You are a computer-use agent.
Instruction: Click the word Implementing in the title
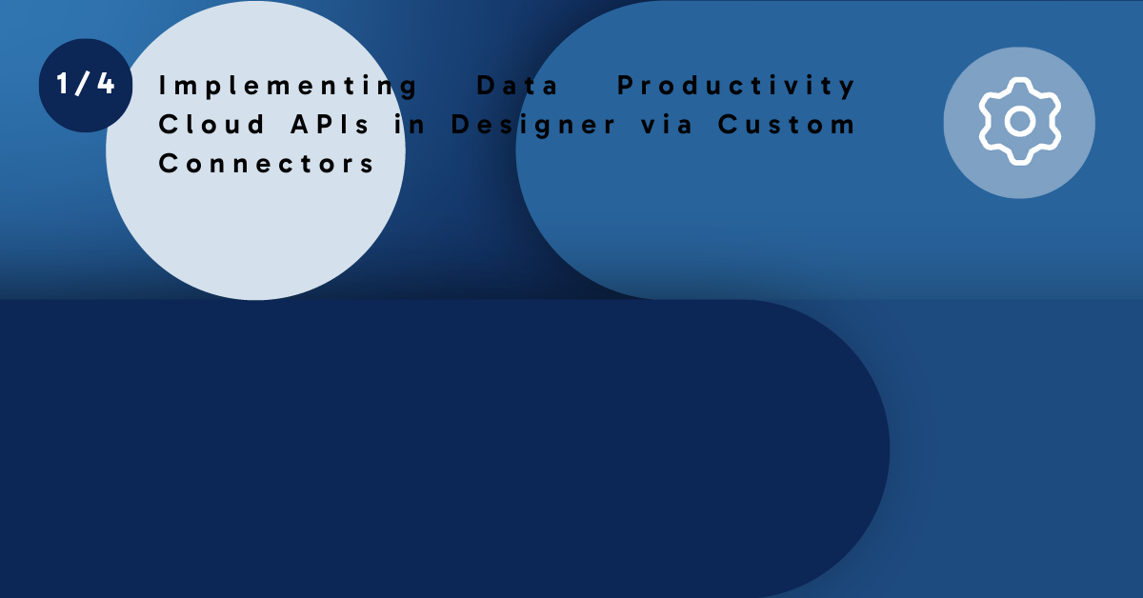289,87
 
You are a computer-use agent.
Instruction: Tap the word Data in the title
518,86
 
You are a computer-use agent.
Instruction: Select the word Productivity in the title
737,87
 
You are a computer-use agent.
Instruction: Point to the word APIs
321,125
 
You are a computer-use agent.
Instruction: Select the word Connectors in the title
268,163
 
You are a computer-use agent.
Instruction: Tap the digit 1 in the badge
62,85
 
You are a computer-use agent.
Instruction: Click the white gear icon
1019,122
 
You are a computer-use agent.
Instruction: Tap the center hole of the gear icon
1019,122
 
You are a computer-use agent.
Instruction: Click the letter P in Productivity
627,86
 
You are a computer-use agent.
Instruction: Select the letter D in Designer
461,125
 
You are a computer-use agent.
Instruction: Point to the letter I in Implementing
163,86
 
